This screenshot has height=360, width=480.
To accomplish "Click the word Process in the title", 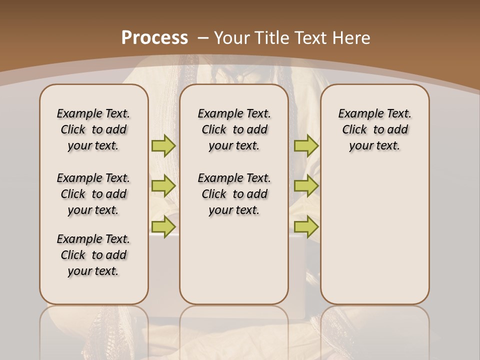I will (154, 37).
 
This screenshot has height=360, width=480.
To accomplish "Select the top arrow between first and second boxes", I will (163, 145).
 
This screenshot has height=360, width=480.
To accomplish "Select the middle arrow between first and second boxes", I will (163, 186).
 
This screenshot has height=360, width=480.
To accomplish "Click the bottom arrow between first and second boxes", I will (163, 226).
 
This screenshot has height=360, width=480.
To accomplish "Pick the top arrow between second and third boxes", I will (306, 145).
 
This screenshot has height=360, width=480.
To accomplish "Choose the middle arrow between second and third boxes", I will (306, 186).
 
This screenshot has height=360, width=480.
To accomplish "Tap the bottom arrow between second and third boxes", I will (306, 226).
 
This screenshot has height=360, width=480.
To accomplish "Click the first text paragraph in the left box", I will (93, 129).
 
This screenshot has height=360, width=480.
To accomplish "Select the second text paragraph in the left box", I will (93, 194).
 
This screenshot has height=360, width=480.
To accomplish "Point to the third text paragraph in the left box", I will (93, 255).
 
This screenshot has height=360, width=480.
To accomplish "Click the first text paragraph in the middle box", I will (234, 129).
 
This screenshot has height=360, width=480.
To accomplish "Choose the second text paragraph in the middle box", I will (234, 194).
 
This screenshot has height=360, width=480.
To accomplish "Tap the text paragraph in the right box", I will (375, 129).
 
